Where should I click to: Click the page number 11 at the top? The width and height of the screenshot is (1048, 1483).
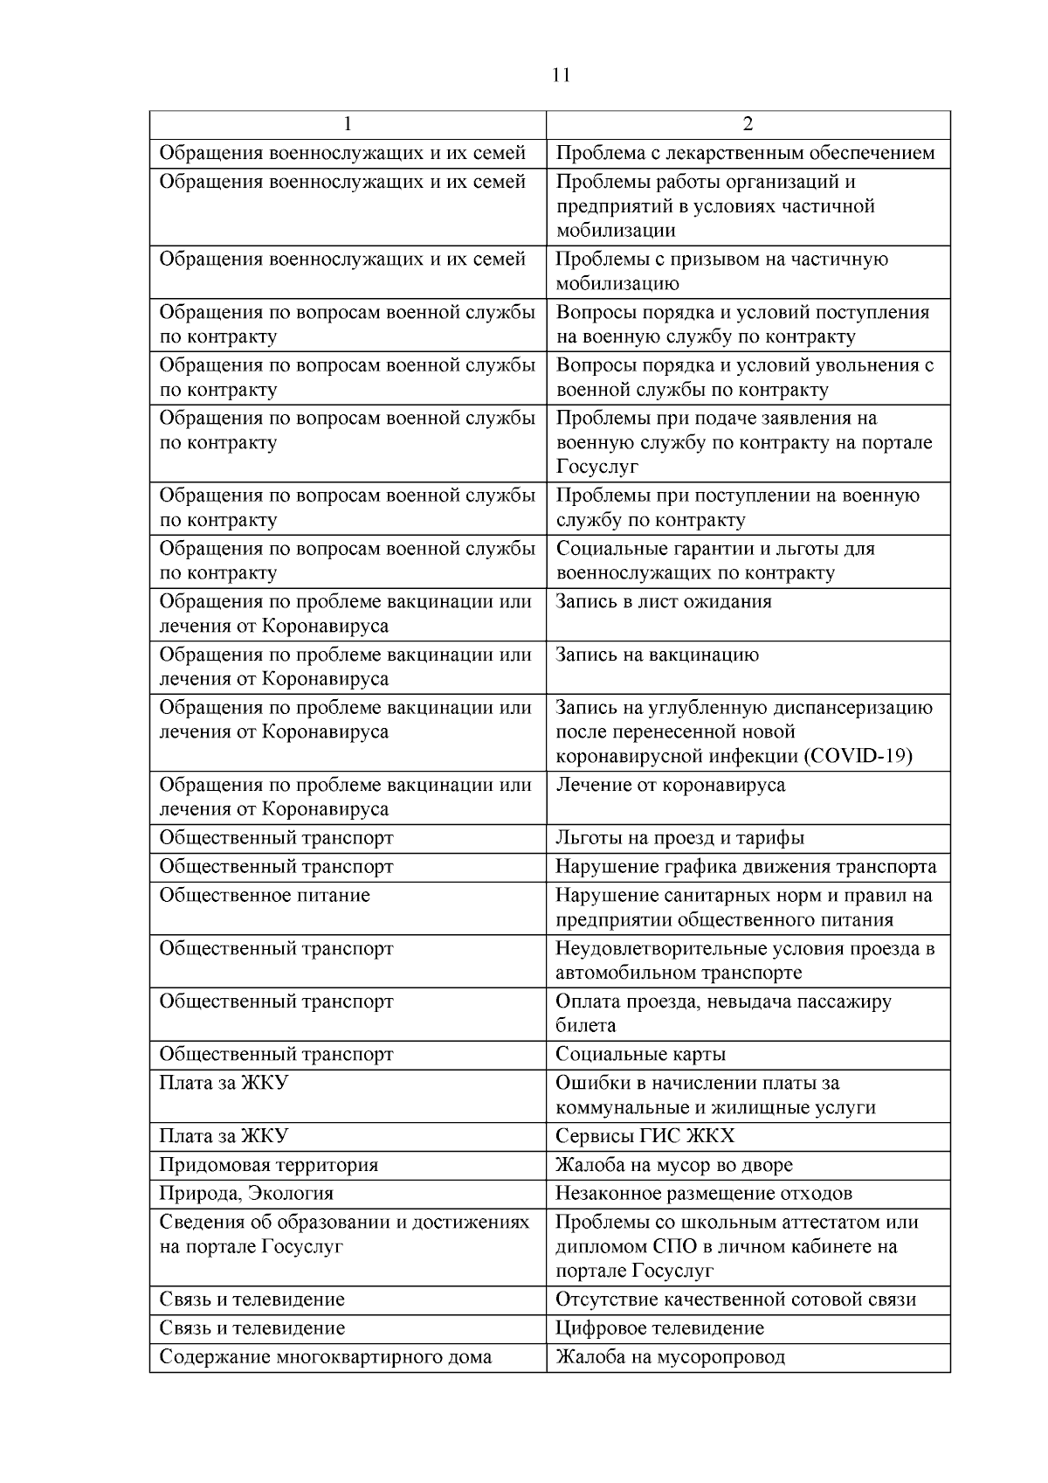tap(562, 75)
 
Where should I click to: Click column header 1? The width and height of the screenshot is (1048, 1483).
tap(348, 124)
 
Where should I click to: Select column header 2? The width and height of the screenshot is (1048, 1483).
tap(748, 124)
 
